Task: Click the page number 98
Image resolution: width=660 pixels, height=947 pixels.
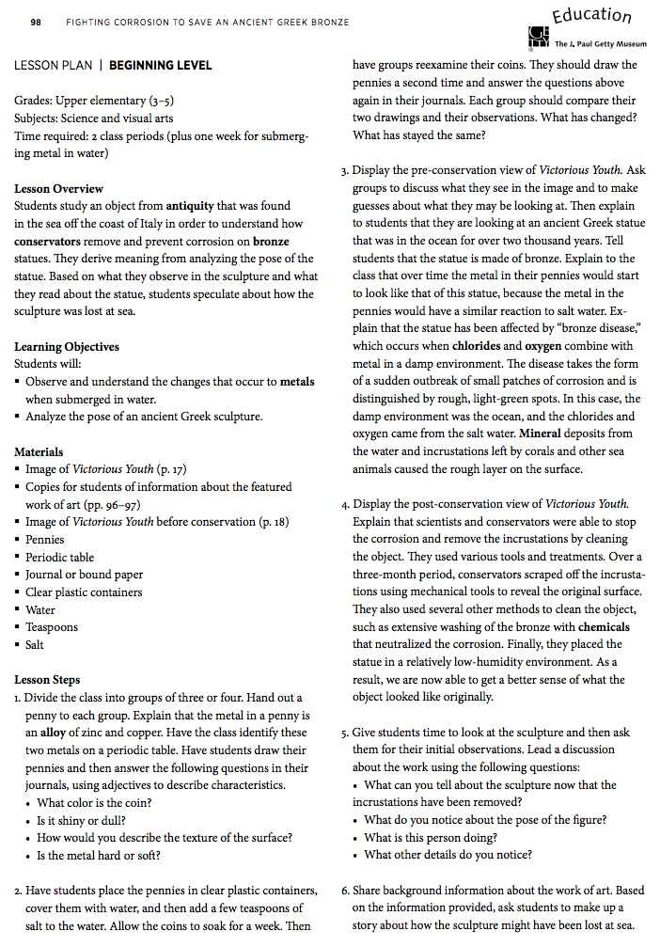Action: pos(35,22)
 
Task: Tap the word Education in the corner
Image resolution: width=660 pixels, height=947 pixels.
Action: pos(591,16)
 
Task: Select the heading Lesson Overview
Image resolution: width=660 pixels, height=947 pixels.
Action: pos(59,189)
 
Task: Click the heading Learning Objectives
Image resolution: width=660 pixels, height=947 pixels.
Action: pos(67,347)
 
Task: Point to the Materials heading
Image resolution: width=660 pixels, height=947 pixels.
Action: pos(39,452)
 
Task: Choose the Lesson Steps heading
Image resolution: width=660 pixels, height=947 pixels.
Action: pos(47,680)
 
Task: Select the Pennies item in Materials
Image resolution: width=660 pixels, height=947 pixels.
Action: pos(45,540)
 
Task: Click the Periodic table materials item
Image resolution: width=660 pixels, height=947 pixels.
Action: pos(59,558)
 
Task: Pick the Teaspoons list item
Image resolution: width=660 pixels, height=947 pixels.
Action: pos(52,627)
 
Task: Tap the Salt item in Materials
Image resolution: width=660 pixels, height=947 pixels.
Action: pos(35,645)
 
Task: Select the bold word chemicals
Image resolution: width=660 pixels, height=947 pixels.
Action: pos(605,626)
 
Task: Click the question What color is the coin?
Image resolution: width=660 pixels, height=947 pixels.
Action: pos(94,803)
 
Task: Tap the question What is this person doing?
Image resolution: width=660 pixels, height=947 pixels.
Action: pos(432,838)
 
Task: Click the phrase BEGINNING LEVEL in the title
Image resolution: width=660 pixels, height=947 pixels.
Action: pos(161,66)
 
